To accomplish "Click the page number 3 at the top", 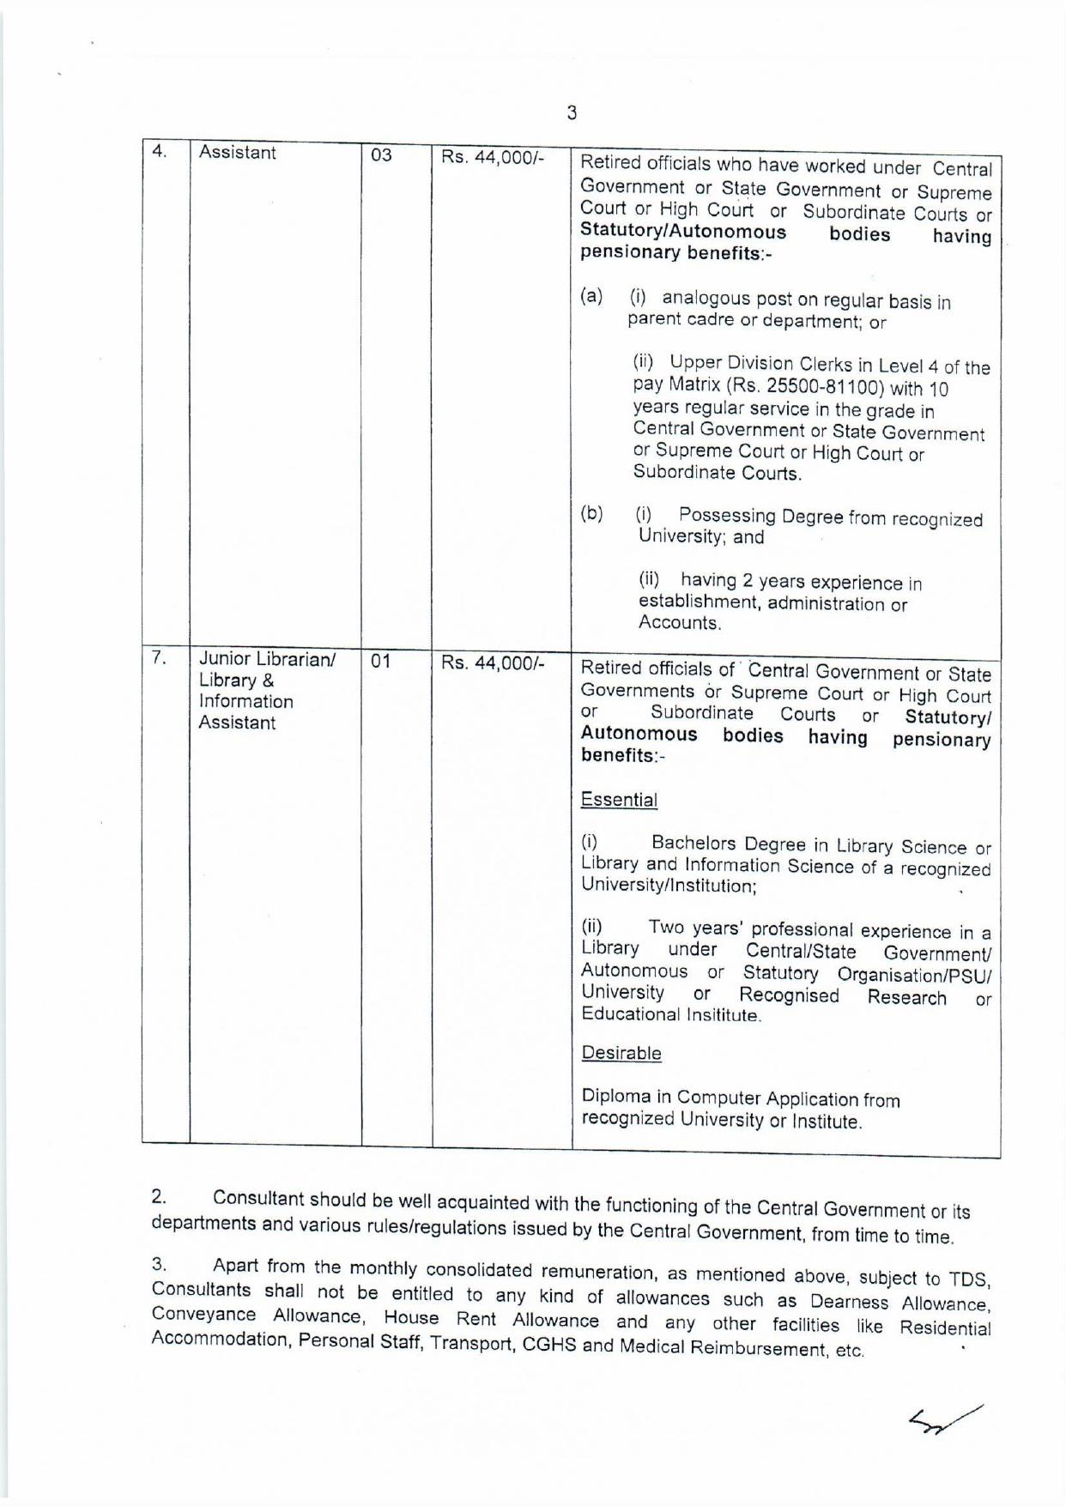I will point(572,112).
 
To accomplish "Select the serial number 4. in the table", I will point(159,152).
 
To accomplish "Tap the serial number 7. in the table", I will point(159,658).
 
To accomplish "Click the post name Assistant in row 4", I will point(237,153).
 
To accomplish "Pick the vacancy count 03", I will point(381,155).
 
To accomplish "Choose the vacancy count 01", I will point(381,662).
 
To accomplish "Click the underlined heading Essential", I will point(619,800).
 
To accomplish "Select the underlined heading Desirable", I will point(621,1053).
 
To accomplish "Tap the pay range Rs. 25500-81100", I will point(812,388).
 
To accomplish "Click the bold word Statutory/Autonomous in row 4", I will point(683,232).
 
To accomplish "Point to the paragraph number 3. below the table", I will point(159,1263).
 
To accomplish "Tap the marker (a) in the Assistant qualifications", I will point(591,296).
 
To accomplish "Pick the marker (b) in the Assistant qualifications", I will point(591,513).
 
